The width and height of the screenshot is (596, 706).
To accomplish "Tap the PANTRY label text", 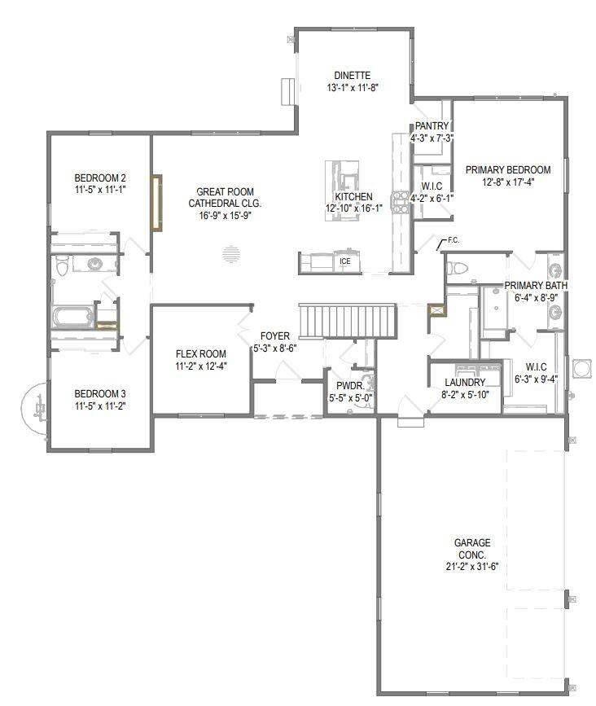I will point(432,126).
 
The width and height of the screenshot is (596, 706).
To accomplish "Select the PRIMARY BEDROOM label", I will point(508,170).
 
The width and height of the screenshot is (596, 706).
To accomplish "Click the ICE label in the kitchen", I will point(345,261).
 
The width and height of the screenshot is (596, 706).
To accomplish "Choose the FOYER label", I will point(275,335).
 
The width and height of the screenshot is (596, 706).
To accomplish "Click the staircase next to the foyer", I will point(348,321).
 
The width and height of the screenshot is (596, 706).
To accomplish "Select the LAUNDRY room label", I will point(466,383).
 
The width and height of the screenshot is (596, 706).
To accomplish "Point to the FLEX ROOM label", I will point(201,353).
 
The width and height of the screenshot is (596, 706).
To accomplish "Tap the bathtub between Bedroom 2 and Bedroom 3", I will point(71,317).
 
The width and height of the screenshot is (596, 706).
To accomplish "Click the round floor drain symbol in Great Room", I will point(231,255).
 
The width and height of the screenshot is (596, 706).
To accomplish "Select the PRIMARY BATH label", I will point(536,286).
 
